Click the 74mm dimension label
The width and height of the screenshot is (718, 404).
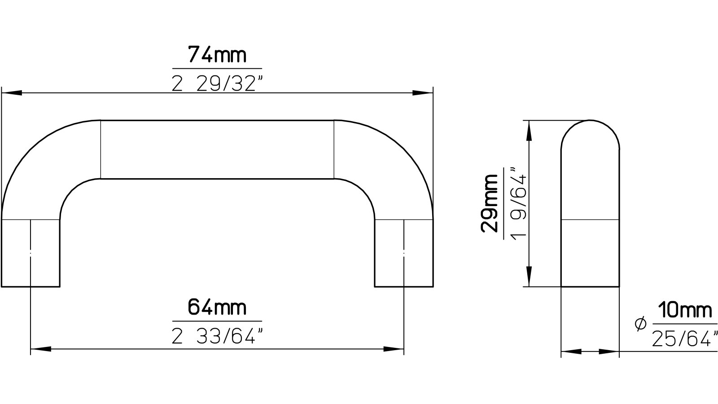[x=217, y=55]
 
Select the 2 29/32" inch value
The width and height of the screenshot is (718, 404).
[x=217, y=83]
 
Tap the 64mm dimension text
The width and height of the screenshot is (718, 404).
[x=217, y=308]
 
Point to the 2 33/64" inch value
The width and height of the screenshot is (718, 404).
[x=217, y=336]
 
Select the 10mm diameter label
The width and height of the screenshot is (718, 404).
[x=685, y=310]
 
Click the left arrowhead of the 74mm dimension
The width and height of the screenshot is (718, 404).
[x=11, y=93]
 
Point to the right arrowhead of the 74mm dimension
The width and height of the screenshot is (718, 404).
[x=423, y=93]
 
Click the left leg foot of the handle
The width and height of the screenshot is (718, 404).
[x=31, y=269]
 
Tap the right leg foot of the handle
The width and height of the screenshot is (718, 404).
[x=404, y=269]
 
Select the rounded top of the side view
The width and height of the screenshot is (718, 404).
[x=590, y=130]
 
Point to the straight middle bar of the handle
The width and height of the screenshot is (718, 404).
[x=217, y=149]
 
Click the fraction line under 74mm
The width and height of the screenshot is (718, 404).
[x=217, y=69]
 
